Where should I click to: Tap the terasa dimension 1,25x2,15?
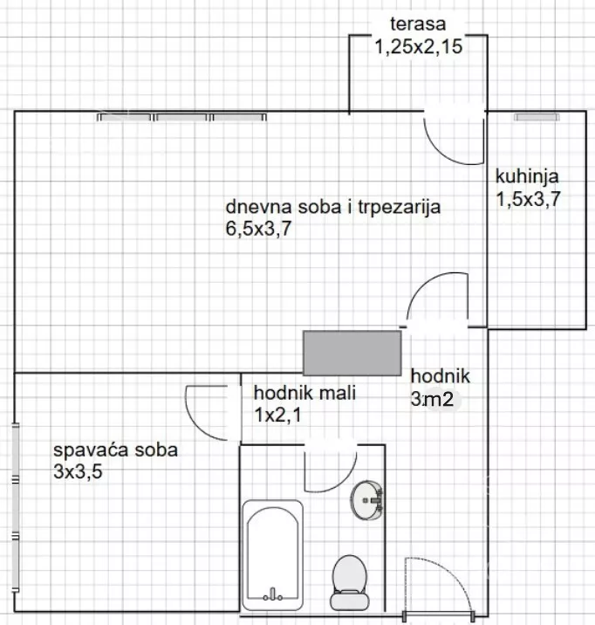[418, 47]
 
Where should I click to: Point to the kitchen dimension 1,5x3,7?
[528, 199]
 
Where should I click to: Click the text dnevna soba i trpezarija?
[333, 208]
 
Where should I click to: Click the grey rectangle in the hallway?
[352, 353]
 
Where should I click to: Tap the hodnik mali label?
[304, 392]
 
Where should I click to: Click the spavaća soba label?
[115, 451]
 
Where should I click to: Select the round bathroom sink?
[368, 501]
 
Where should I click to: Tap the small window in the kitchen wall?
[535, 116]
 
